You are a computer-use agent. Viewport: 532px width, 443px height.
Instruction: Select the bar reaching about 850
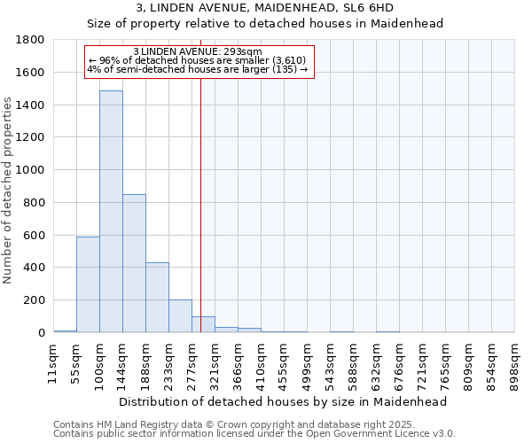[x=134, y=263]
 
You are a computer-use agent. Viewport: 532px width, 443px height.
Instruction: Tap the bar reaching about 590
[x=88, y=284]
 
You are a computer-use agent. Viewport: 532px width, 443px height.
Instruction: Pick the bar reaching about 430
[x=157, y=298]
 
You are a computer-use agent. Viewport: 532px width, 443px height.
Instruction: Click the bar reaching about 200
[x=180, y=316]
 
